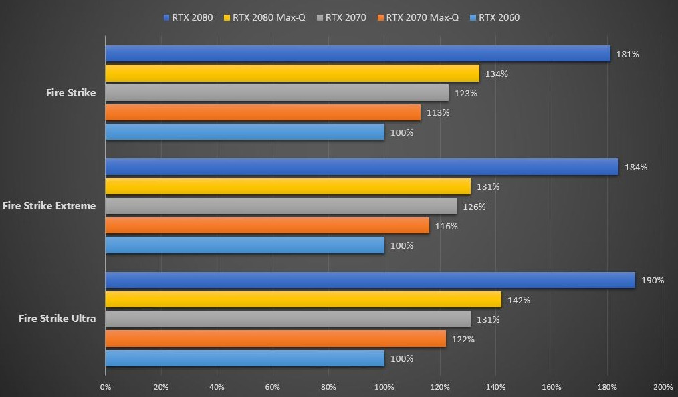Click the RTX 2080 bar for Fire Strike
point(358,53)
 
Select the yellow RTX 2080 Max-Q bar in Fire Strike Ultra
point(303,299)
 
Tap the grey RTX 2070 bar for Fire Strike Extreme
point(281,206)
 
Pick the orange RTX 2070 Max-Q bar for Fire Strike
point(263,112)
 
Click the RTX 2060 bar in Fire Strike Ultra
point(245,358)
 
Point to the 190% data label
point(652,281)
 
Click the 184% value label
point(635,167)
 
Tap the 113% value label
point(437,112)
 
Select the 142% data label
point(518,300)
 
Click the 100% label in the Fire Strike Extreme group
point(401,245)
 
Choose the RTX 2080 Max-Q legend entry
point(267,17)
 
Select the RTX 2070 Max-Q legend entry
point(418,17)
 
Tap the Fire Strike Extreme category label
point(49,206)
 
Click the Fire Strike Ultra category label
point(57,319)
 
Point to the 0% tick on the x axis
point(105,387)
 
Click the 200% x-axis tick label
point(662,387)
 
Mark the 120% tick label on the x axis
point(439,387)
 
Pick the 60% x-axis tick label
point(272,387)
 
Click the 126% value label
point(473,207)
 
